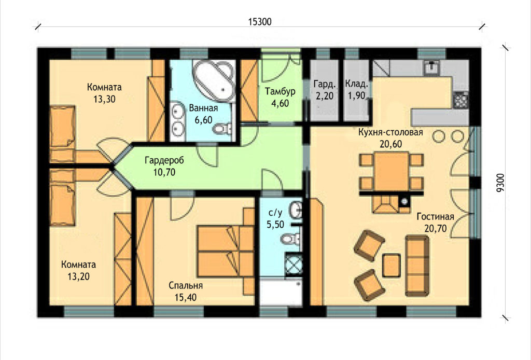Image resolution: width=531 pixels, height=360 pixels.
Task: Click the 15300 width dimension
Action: pyautogui.click(x=260, y=22)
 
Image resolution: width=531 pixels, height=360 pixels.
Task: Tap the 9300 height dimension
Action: pyautogui.click(x=500, y=183)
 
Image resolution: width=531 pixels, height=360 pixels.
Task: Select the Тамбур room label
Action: pyautogui.click(x=280, y=91)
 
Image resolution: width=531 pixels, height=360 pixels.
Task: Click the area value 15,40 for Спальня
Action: pyautogui.click(x=185, y=298)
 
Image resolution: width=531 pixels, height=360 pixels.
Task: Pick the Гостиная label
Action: pyautogui.click(x=435, y=216)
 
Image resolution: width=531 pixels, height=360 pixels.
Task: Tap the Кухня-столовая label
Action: pyautogui.click(x=390, y=132)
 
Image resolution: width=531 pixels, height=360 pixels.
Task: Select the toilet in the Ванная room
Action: pyautogui.click(x=222, y=128)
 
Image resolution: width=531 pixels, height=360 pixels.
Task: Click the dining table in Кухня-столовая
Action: pyautogui.click(x=392, y=171)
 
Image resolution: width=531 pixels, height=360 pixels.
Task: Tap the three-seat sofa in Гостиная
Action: pyautogui.click(x=417, y=266)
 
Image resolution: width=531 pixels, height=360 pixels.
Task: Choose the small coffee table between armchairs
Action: pyautogui.click(x=392, y=265)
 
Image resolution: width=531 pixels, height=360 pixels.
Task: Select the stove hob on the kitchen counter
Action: pyautogui.click(x=460, y=99)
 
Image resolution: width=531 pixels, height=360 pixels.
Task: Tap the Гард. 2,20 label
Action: pyautogui.click(x=325, y=90)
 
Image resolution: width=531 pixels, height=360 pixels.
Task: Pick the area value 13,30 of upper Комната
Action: pyautogui.click(x=104, y=99)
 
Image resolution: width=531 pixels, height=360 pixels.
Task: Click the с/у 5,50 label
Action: pyautogui.click(x=275, y=218)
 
